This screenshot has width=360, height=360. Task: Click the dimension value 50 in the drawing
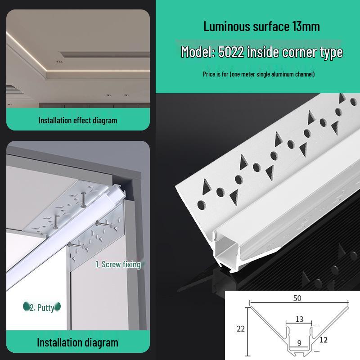pyautogui.click(x=297, y=298)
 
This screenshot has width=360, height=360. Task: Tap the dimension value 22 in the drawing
pyautogui.click(x=241, y=328)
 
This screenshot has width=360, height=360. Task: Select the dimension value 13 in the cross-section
pyautogui.click(x=299, y=319)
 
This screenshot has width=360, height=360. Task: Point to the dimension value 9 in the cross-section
pyautogui.click(x=299, y=343)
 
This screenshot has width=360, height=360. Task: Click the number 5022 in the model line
pyautogui.click(x=231, y=52)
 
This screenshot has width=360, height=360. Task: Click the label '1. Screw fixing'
pyautogui.click(x=118, y=264)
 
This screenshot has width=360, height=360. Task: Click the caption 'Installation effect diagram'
pyautogui.click(x=77, y=120)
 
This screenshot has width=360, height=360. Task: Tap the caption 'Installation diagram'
pyautogui.click(x=77, y=342)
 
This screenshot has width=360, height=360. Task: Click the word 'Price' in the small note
pyautogui.click(x=209, y=74)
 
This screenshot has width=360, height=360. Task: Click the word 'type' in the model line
pyautogui.click(x=331, y=52)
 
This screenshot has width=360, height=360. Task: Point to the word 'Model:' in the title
pyautogui.click(x=198, y=52)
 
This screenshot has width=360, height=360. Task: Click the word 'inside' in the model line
pyautogui.click(x=263, y=52)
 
